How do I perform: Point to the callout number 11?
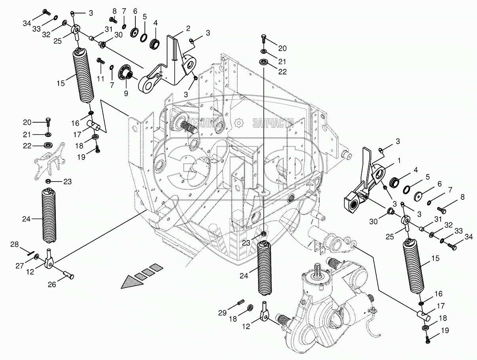[101, 79]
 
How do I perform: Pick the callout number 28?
[14, 245]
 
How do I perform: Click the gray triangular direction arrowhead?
[129, 281]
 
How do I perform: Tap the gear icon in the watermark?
[239, 123]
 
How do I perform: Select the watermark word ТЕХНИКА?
[206, 123]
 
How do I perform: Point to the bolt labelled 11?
[100, 61]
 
